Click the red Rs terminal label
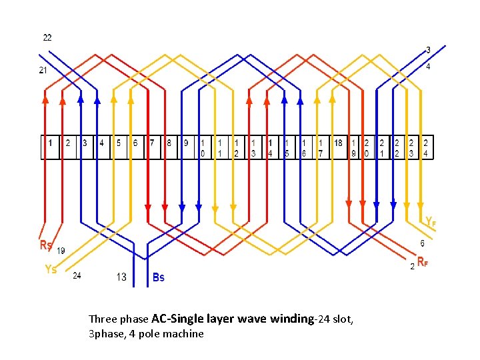[46, 245]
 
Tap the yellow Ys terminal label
[50, 269]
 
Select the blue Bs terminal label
[158, 277]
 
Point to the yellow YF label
[431, 220]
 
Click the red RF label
[422, 261]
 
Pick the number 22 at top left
[47, 37]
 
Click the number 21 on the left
[43, 71]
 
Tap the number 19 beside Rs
[61, 251]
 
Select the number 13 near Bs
[121, 277]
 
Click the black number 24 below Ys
[77, 275]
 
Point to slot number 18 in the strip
[338, 143]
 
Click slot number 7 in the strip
[152, 143]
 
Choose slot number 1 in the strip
[50, 143]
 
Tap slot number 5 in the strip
[118, 143]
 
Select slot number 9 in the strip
[185, 143]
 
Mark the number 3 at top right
[428, 49]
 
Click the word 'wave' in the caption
[254, 319]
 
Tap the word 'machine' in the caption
[185, 333]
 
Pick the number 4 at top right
[428, 67]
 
